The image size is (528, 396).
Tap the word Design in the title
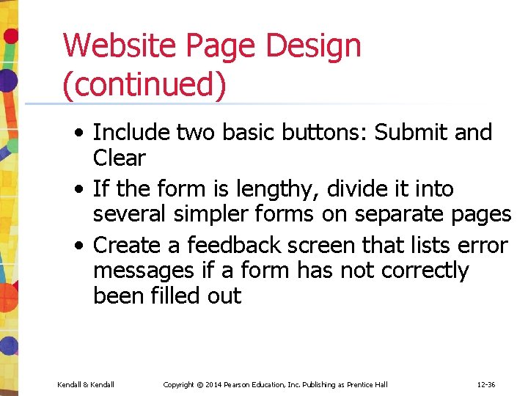pos(313,45)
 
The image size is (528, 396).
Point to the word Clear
pos(120,158)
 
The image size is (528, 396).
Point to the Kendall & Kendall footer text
pos(86,384)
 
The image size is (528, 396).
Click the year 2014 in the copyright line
pos(213,384)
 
